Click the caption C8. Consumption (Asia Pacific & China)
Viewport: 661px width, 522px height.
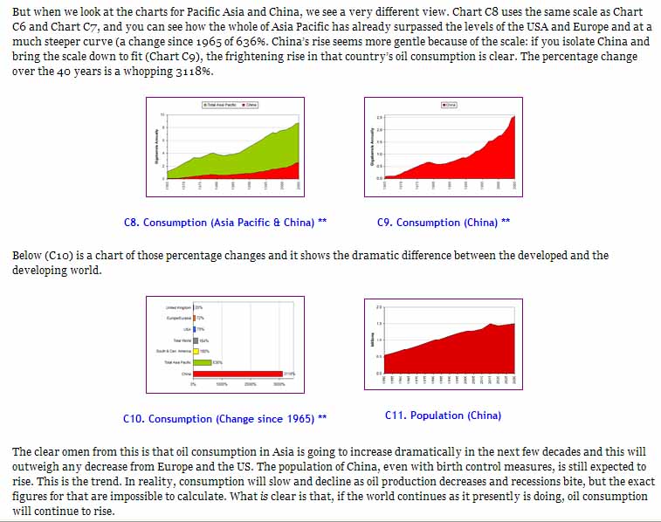click(x=225, y=223)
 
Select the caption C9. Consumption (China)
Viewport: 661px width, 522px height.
click(x=444, y=223)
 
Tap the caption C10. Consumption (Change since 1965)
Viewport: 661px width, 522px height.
click(x=224, y=419)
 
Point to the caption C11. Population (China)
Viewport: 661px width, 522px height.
click(x=443, y=416)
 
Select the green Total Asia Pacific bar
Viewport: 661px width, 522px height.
click(x=202, y=362)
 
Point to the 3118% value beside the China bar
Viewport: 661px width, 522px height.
click(x=289, y=374)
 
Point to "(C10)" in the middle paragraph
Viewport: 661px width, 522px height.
click(x=61, y=256)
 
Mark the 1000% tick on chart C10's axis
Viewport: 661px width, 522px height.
click(x=222, y=384)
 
